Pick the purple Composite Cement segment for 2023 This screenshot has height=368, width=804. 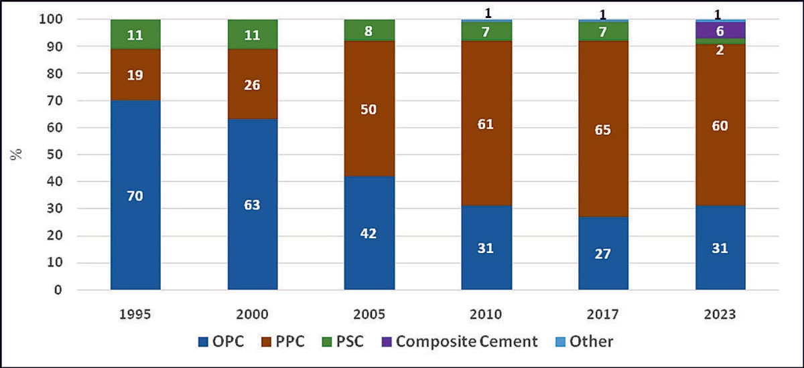click(x=720, y=30)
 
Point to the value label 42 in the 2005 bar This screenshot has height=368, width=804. click(x=369, y=234)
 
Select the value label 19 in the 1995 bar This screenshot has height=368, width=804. click(x=135, y=74)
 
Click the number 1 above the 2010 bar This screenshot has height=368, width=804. click(x=486, y=11)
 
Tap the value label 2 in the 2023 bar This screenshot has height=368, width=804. click(x=720, y=51)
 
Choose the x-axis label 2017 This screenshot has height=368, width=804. click(x=603, y=314)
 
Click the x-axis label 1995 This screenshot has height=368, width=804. click(x=135, y=314)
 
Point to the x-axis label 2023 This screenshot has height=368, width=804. click(x=720, y=314)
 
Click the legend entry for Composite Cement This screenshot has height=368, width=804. click(x=466, y=341)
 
